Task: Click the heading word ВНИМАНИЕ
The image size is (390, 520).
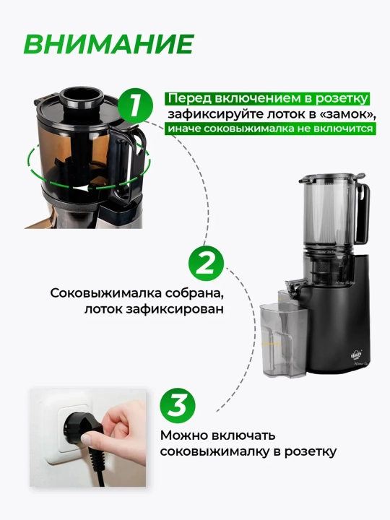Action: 109,43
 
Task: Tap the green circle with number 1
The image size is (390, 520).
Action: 135,106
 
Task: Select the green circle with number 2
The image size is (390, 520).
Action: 206,264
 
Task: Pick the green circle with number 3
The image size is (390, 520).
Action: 178,405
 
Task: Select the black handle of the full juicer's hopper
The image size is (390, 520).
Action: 363,212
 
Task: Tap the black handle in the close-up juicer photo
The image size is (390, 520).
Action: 125,166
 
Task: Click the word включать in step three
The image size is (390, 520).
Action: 243,435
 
